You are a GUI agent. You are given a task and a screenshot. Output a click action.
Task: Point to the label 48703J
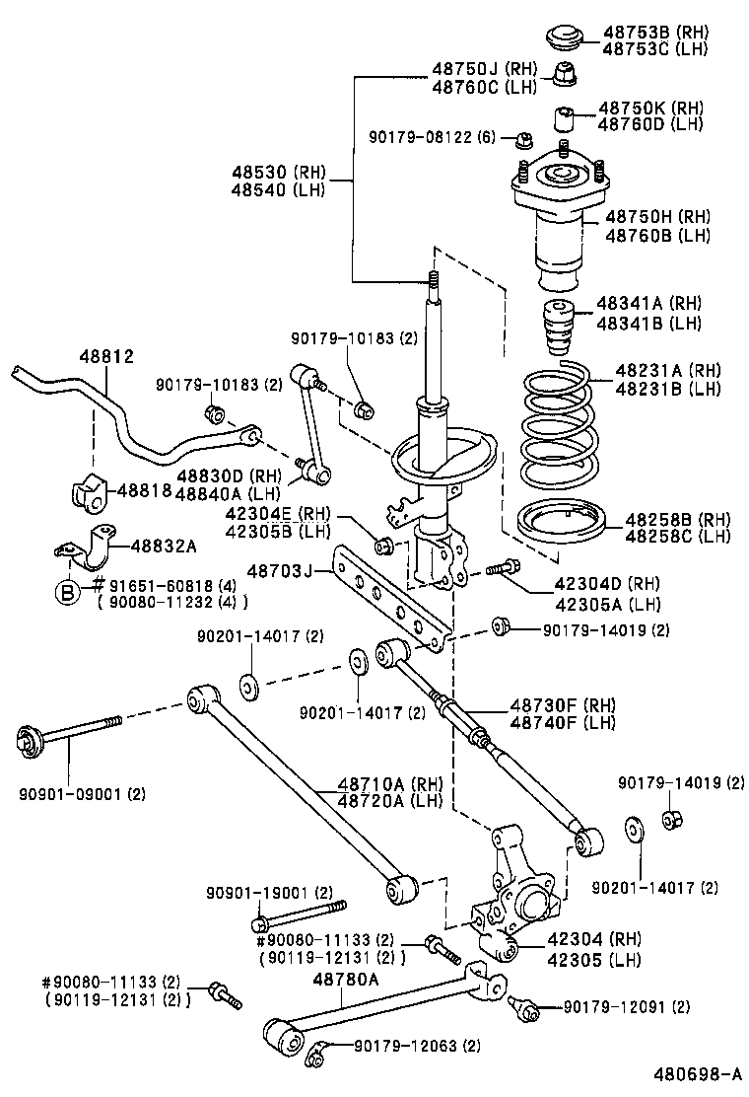279,570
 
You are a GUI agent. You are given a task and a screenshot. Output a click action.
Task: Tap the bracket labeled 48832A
84,552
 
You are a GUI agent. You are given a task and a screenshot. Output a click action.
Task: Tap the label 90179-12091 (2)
626,1007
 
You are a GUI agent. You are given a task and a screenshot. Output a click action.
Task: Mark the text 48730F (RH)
563,705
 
